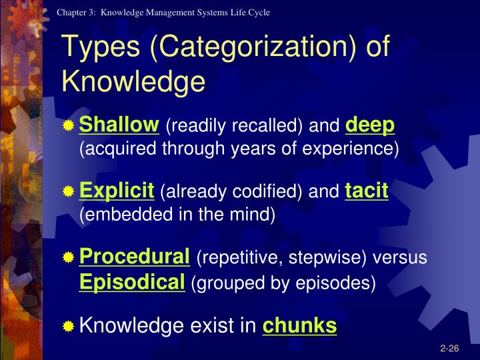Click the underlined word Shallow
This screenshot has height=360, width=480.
click(x=119, y=125)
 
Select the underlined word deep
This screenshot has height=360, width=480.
click(x=370, y=125)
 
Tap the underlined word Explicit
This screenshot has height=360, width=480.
click(x=117, y=192)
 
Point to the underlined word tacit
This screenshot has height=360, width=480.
click(x=367, y=192)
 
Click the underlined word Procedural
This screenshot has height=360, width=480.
click(x=135, y=257)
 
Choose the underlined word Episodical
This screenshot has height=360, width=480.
click(x=132, y=282)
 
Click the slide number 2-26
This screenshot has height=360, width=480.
click(x=449, y=348)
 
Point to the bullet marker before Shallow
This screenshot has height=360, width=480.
click(x=69, y=126)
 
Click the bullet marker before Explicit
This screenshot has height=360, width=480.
click(x=69, y=193)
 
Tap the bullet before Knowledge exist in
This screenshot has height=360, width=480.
click(x=69, y=327)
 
